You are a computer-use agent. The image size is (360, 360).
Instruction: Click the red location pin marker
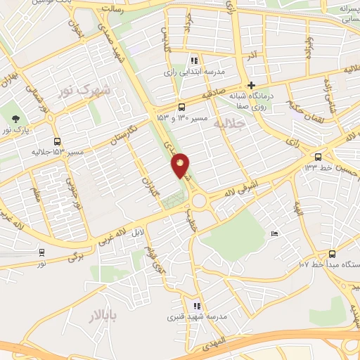point(181,166)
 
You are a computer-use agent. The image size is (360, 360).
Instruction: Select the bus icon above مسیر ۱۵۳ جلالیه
point(57,140)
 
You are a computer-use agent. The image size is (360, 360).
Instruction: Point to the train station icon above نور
point(42,252)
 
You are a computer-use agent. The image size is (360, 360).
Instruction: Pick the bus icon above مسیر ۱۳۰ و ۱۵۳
point(182,107)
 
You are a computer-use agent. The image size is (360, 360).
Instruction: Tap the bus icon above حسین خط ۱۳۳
point(319,157)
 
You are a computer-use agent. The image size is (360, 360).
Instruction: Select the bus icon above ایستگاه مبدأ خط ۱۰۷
point(331,254)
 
